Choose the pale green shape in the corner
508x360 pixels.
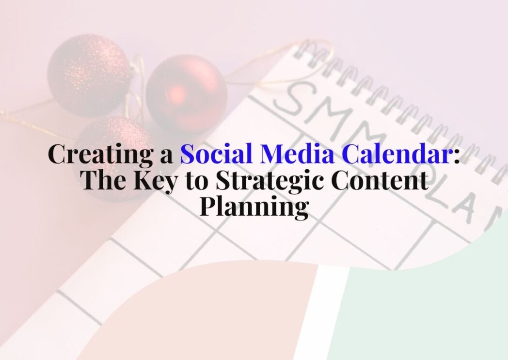click(427, 310)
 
